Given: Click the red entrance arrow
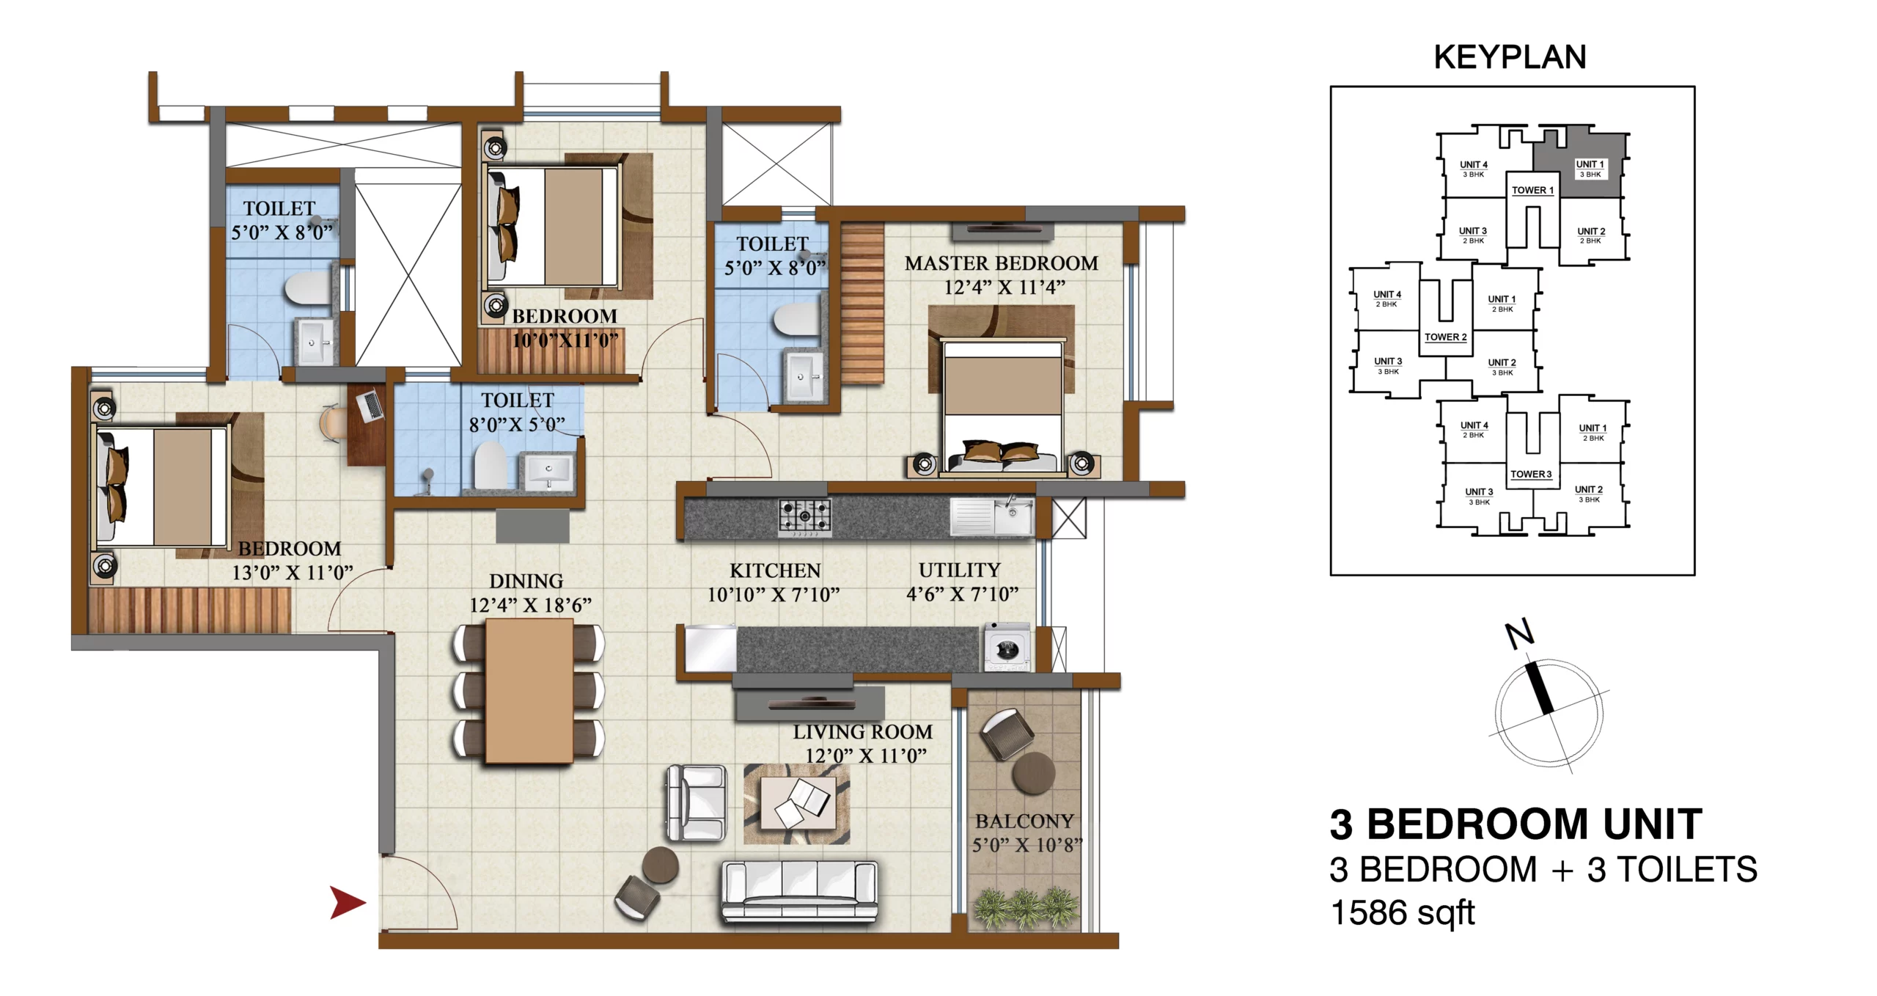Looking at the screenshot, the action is click(x=346, y=902).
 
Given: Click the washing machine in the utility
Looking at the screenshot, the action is click(x=1007, y=647).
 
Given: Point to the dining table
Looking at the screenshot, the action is click(x=529, y=691).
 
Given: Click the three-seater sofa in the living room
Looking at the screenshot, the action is click(x=799, y=891).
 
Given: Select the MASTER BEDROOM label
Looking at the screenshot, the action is click(x=1001, y=263).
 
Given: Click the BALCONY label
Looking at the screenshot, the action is click(x=1024, y=821).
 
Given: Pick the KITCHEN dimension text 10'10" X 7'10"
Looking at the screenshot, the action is click(x=774, y=594).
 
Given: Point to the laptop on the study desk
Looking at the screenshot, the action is click(x=370, y=406).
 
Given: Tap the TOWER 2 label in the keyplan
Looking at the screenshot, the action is click(x=1446, y=337).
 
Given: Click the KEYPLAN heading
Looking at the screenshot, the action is click(x=1510, y=57).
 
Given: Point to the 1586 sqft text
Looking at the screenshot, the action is click(x=1402, y=913).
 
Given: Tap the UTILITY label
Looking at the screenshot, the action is click(x=959, y=570).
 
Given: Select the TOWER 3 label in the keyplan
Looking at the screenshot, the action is click(x=1531, y=475).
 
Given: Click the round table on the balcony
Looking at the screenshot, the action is click(x=1033, y=772).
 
